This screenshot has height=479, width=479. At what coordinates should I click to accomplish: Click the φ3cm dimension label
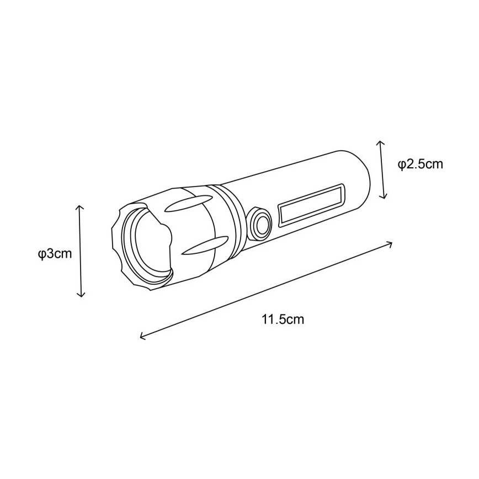(55, 254)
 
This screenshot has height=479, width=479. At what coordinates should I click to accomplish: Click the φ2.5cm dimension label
(421, 164)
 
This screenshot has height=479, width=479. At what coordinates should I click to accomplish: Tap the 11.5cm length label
(283, 320)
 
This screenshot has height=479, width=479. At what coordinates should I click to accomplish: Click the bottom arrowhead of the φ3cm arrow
(81, 296)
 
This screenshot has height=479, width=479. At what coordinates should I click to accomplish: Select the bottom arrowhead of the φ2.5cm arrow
(385, 197)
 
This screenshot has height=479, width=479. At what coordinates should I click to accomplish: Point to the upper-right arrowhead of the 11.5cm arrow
(391, 242)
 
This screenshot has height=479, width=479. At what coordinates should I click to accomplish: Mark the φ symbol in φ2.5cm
(402, 164)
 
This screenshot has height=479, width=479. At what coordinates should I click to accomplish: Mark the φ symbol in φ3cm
(41, 254)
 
